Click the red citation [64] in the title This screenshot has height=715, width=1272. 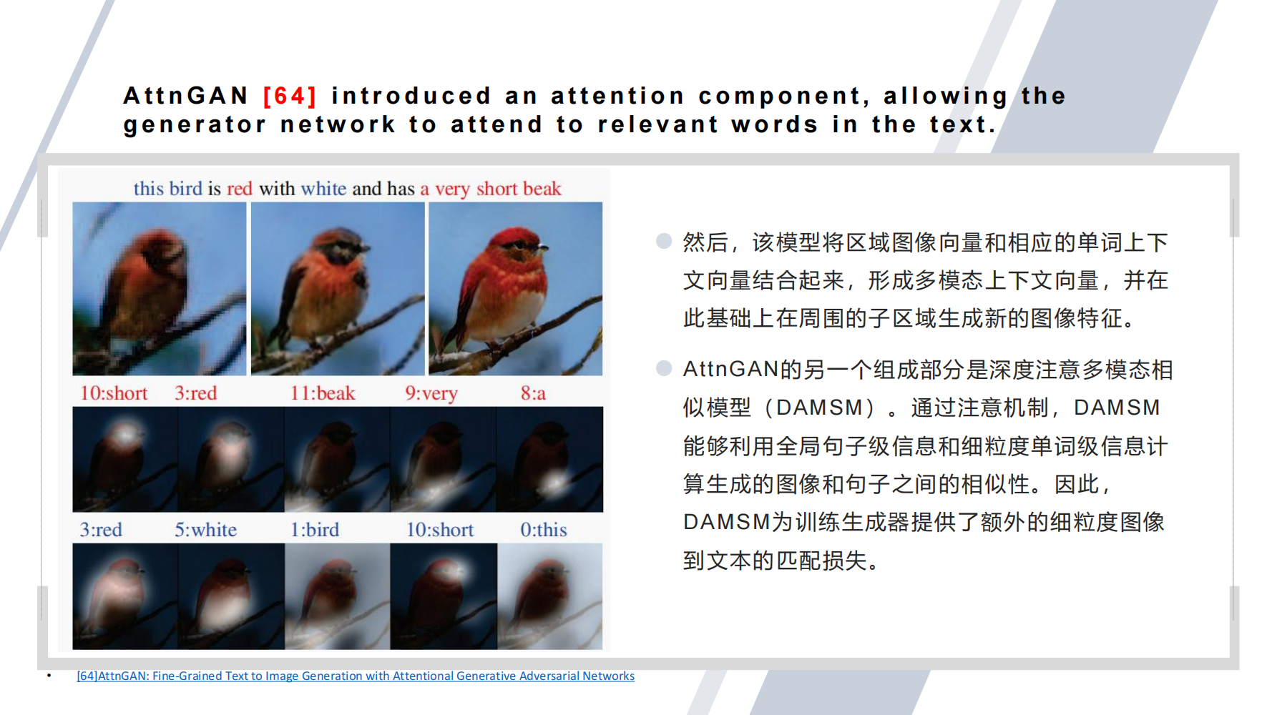click(289, 96)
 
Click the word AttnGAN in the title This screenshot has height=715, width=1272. click(186, 96)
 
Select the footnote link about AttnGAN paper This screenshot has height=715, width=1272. click(356, 676)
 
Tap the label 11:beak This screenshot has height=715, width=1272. click(322, 393)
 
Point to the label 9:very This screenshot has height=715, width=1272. click(431, 393)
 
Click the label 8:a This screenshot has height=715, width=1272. click(533, 393)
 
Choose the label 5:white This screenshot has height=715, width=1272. click(205, 530)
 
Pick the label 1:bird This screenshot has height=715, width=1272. click(314, 530)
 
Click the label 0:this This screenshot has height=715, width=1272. click(543, 530)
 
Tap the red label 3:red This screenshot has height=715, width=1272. click(195, 393)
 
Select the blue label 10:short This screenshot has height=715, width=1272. click(440, 530)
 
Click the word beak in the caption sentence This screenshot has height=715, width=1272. click(542, 189)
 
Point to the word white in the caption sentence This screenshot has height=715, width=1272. click(323, 189)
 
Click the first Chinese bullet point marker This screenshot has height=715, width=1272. click(664, 241)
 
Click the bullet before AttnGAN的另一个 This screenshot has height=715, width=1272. click(664, 368)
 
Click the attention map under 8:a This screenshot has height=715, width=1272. click(549, 459)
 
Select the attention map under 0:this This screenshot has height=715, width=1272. click(549, 596)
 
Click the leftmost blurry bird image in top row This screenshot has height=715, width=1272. click(159, 289)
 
